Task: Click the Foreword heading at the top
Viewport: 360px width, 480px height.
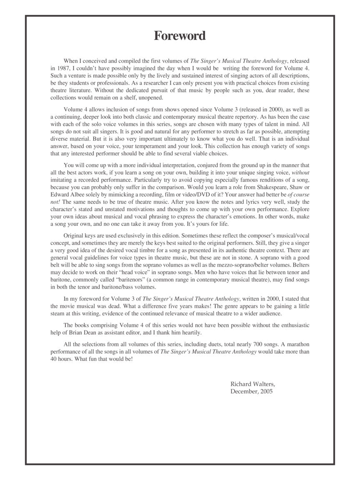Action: [180, 36]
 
